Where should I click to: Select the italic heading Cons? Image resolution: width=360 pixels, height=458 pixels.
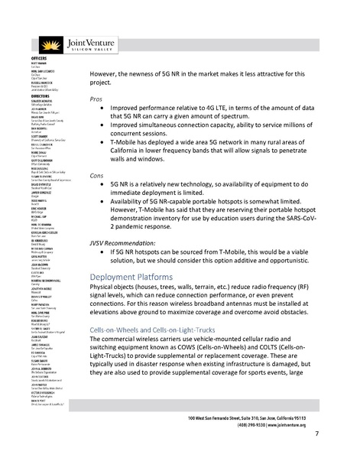pos(96,197)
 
